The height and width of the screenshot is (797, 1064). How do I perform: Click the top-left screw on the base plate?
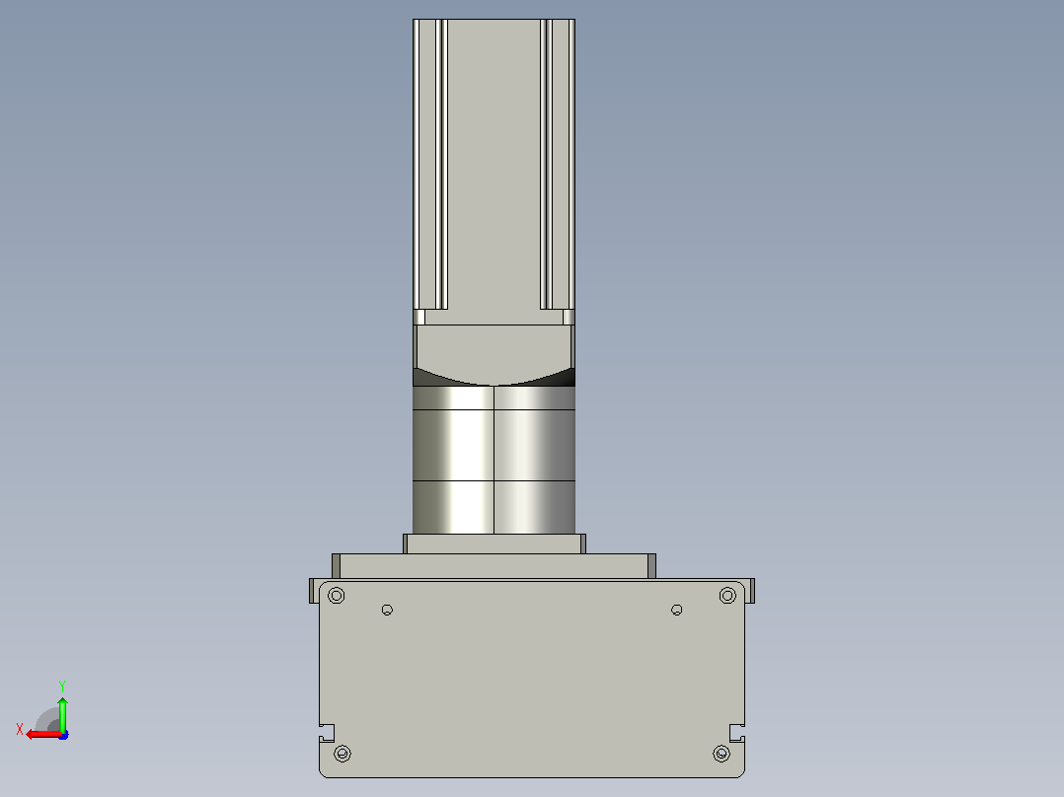(336, 596)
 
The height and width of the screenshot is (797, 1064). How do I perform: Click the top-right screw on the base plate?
(727, 596)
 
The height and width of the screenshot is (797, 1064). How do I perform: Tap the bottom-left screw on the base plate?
(342, 753)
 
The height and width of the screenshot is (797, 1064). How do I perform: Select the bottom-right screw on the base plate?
(722, 753)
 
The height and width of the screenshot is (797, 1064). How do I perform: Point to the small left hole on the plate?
(387, 610)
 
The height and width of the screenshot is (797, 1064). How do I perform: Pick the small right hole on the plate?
(676, 610)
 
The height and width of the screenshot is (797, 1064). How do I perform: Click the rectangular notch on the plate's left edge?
(327, 733)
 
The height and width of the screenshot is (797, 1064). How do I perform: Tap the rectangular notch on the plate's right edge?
(737, 733)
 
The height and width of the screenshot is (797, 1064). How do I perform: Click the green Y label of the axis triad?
(62, 686)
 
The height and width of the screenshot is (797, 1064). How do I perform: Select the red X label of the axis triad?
(20, 729)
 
